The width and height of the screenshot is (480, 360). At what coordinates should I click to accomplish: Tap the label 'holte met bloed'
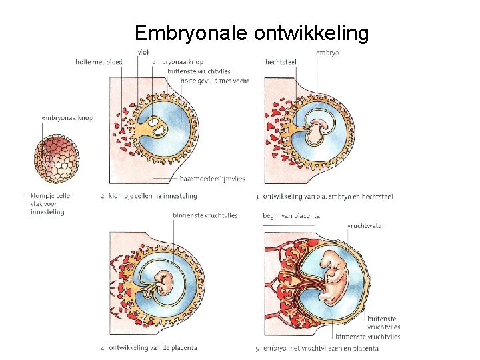[x=99, y=62]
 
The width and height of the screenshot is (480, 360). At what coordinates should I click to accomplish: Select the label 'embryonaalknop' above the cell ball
[x=67, y=118]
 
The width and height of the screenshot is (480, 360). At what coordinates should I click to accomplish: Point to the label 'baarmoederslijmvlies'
[x=212, y=179]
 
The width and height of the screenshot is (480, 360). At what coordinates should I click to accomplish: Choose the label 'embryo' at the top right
[x=326, y=52]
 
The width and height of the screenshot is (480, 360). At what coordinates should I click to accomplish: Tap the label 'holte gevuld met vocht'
[x=215, y=81]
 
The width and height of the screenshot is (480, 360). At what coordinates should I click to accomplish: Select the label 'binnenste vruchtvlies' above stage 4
[x=205, y=215]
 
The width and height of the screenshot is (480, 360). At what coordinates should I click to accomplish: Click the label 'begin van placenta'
[x=291, y=216]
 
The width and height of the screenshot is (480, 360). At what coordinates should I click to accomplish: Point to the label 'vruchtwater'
[x=365, y=226]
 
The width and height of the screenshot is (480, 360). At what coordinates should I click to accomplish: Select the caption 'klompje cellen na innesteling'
[x=153, y=196]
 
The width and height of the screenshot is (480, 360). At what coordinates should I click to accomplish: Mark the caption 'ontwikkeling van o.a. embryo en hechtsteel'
[x=327, y=196]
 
